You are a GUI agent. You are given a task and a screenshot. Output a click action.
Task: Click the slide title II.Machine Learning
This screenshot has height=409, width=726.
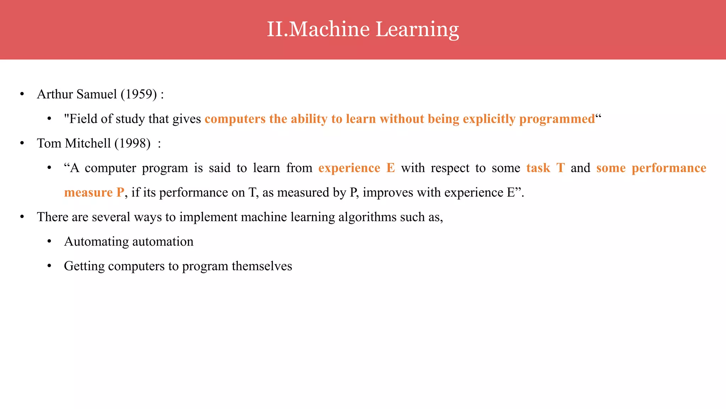tap(363, 29)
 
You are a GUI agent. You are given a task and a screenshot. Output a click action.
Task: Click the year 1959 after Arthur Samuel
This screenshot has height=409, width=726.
tap(139, 94)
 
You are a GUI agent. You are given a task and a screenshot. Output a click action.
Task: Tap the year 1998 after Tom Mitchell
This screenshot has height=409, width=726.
tap(133, 143)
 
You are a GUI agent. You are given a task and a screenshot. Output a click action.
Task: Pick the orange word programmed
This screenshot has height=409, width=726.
tap(557, 119)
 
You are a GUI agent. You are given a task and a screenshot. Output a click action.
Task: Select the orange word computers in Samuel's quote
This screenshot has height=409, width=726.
tap(235, 119)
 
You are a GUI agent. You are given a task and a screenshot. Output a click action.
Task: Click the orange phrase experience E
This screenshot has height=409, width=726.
tap(356, 168)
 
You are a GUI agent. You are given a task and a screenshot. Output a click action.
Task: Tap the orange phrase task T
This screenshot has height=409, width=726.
tap(545, 168)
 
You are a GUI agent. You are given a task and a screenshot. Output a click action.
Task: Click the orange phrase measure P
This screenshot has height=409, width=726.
tap(94, 192)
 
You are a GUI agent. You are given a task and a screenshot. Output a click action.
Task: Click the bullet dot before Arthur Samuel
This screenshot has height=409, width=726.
tap(22, 94)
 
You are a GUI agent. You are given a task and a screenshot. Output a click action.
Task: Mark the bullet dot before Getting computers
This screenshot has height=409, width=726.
tap(49, 266)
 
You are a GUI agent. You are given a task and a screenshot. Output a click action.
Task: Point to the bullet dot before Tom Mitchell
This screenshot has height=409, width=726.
tap(22, 143)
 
